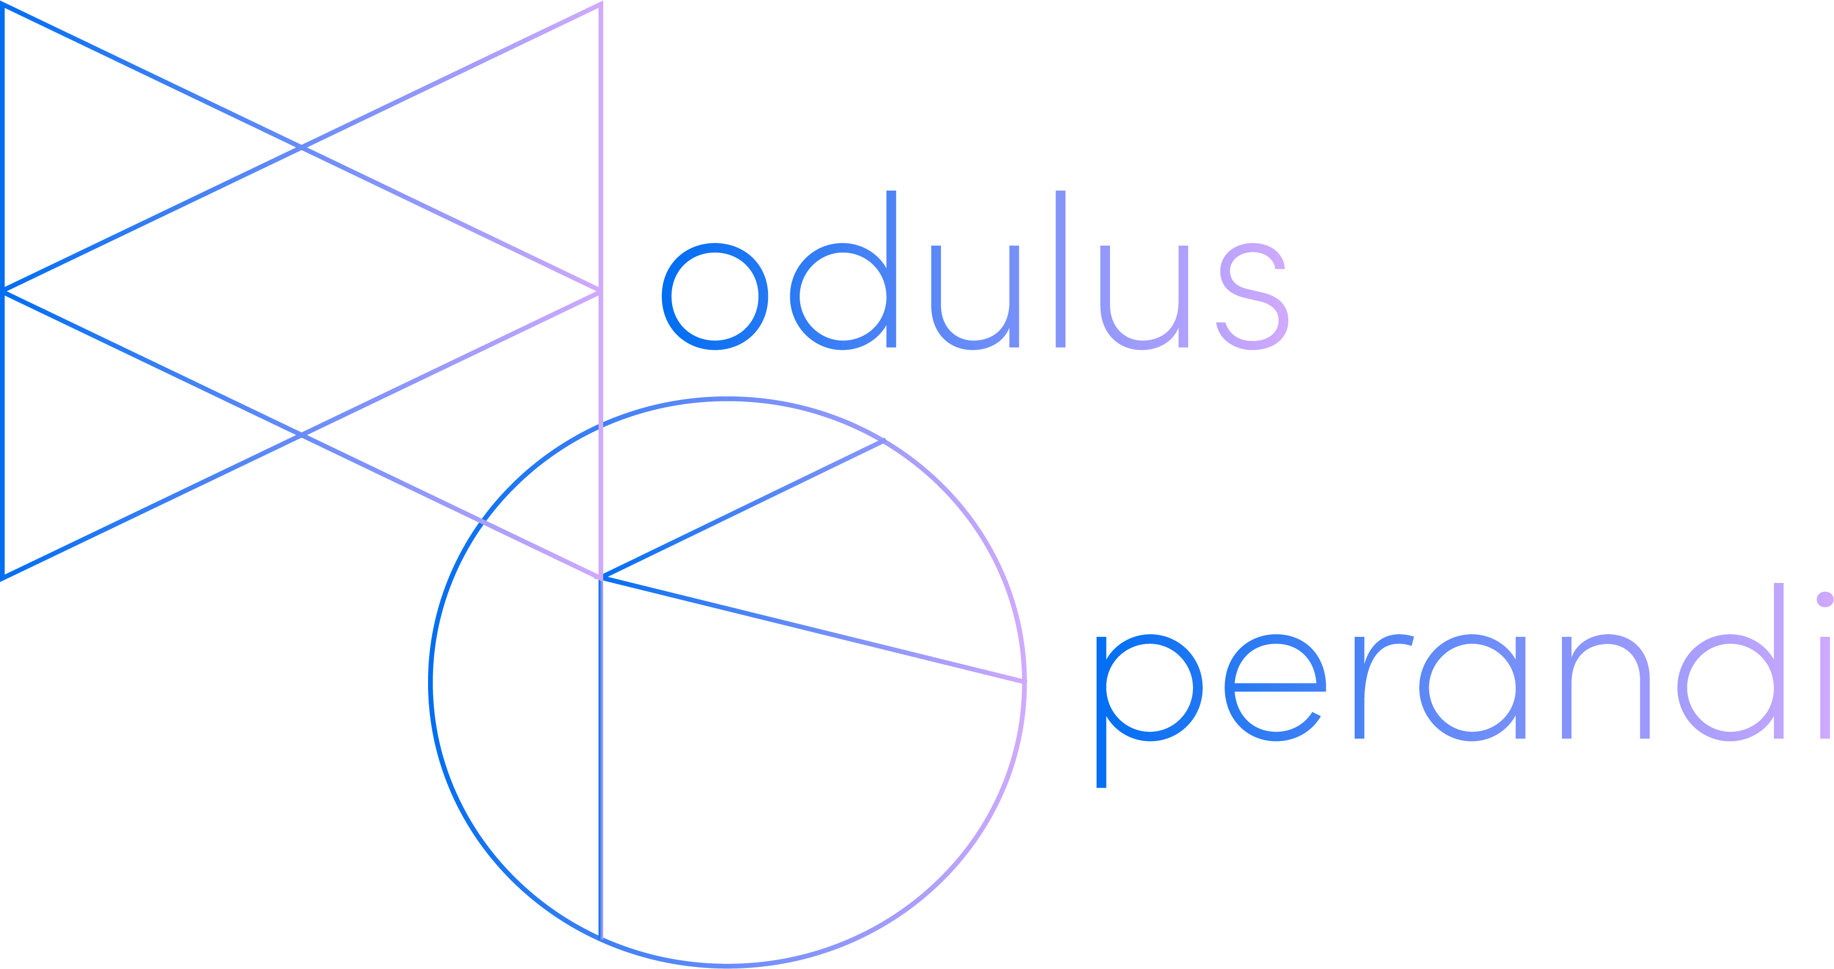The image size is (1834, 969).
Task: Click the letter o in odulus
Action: [x=715, y=296]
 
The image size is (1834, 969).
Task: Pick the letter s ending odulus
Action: [x=1253, y=296]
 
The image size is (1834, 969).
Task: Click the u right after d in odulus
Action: [x=975, y=297]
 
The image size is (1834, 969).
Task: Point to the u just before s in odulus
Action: [x=1144, y=297]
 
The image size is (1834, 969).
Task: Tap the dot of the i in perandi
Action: [x=1825, y=600]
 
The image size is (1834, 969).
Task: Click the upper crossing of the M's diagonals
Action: [x=301, y=147]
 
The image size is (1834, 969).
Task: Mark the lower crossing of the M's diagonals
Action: [x=301, y=434]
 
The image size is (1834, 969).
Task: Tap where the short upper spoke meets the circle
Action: [x=884, y=441]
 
